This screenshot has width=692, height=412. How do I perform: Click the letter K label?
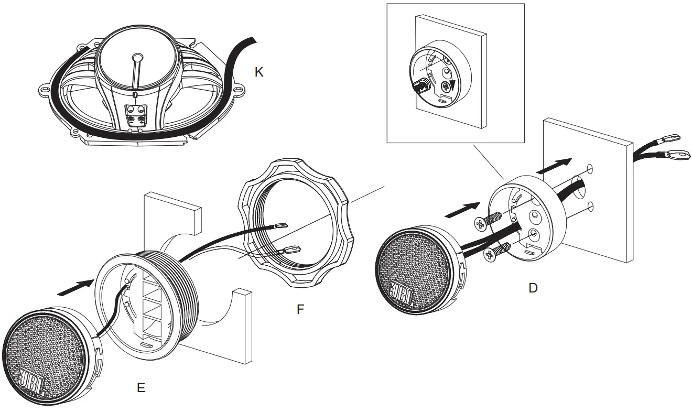coord(258,72)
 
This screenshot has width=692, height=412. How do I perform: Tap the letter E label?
coord(140,388)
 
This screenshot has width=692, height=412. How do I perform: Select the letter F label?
coord(300,309)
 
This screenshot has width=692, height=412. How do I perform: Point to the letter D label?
coord(533,288)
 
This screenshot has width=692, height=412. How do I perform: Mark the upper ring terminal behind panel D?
coord(671,139)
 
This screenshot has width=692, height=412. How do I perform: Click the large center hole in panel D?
coord(578,189)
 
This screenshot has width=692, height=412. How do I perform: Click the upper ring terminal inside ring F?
coord(278,226)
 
